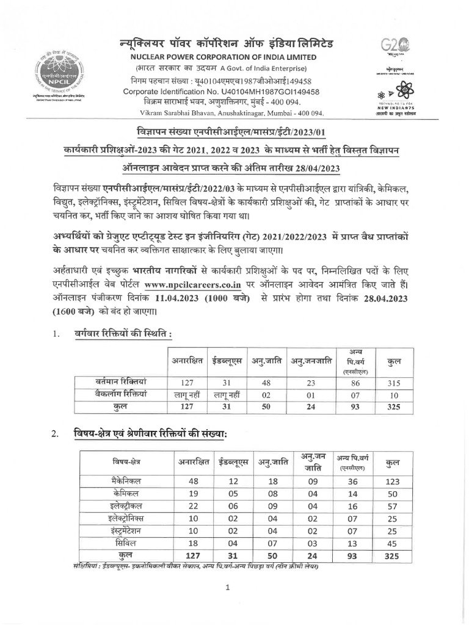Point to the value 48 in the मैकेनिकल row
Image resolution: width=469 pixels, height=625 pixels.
194,481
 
